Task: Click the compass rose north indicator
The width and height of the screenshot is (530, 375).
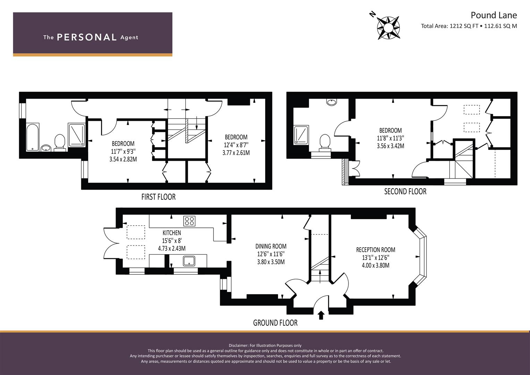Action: (373, 14)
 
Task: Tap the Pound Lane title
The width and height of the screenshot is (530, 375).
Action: (494, 15)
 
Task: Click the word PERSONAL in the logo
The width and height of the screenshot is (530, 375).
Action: (87, 37)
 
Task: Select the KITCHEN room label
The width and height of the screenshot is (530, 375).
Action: (172, 233)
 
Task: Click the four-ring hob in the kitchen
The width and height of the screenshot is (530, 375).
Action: (189, 221)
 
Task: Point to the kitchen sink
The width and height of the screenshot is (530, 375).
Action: (189, 261)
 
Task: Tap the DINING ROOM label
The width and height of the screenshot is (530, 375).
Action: (271, 246)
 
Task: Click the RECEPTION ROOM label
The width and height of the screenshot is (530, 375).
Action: (376, 250)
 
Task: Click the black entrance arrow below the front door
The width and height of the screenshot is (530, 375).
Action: (321, 315)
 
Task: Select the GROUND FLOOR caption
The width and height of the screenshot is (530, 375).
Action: (275, 323)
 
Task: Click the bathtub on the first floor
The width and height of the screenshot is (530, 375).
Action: (32, 137)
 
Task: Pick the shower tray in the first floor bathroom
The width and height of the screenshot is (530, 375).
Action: (76, 135)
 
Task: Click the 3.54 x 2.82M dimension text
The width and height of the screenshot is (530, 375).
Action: (123, 159)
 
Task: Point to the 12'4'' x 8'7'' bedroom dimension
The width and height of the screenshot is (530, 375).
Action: (236, 145)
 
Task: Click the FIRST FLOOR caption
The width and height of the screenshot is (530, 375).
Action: (159, 197)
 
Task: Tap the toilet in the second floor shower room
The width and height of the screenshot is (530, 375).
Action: (325, 143)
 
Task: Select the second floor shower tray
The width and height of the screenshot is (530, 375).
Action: (301, 135)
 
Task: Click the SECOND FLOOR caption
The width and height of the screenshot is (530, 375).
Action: (405, 192)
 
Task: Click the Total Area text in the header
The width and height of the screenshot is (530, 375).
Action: (469, 26)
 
